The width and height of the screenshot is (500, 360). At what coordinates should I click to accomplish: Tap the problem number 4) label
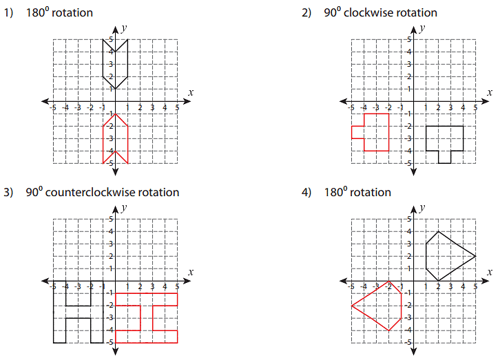[306, 193]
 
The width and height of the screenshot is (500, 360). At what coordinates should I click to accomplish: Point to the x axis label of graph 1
[191, 92]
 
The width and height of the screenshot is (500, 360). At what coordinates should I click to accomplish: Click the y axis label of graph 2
[421, 28]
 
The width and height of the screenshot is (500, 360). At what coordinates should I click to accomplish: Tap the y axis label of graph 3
[123, 207]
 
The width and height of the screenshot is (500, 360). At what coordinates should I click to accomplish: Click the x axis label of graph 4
[489, 271]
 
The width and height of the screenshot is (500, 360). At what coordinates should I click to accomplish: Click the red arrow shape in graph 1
[116, 138]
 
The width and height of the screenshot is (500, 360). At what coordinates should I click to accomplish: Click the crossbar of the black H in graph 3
[79, 311]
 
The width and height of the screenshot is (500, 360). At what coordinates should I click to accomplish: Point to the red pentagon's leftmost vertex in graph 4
[352, 306]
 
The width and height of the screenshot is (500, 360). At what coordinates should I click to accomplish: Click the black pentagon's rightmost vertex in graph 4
[476, 256]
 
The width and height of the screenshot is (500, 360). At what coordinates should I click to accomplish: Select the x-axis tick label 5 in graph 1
[177, 107]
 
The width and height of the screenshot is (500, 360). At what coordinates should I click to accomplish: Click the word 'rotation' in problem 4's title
[371, 193]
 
